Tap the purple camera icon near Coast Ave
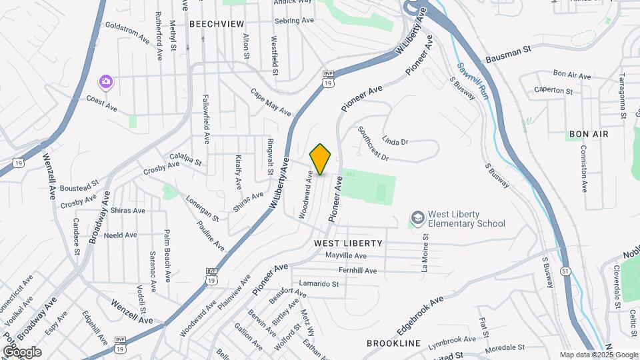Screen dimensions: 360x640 click(x=105, y=82)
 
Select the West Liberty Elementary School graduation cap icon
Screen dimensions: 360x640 click(x=417, y=219)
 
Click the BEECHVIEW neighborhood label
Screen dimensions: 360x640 click(x=217, y=23)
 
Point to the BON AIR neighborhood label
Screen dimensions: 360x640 click(x=589, y=134)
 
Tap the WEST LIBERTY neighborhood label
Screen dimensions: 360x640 click(x=348, y=243)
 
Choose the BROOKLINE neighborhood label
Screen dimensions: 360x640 click(x=393, y=343)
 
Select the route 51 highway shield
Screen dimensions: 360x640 click(x=565, y=271)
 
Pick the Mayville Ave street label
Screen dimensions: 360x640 click(x=346, y=255)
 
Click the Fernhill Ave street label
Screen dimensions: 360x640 click(x=357, y=271)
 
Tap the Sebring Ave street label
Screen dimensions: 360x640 click(x=294, y=21)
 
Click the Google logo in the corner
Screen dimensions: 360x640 click(x=22, y=351)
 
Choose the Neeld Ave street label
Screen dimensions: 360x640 click(x=120, y=235)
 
